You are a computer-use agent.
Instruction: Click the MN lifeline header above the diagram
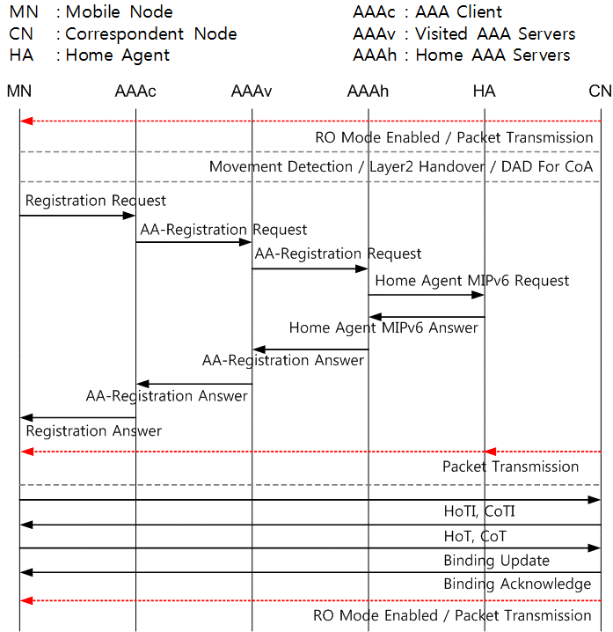(x=19, y=91)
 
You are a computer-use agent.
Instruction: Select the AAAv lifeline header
(x=252, y=91)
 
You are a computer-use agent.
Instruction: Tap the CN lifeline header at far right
(x=600, y=91)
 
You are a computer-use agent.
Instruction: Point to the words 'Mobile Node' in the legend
(x=120, y=12)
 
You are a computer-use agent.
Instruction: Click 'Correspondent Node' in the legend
(x=151, y=34)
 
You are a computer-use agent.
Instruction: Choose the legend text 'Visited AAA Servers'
(x=495, y=33)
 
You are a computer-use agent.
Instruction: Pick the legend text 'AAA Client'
(x=458, y=12)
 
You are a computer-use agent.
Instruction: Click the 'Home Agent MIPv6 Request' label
(x=472, y=281)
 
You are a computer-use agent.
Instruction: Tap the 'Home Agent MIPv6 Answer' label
(x=383, y=327)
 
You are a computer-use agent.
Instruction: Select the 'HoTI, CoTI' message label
(x=479, y=511)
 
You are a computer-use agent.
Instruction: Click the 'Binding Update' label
(x=497, y=561)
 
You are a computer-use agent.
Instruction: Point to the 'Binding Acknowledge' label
(x=517, y=584)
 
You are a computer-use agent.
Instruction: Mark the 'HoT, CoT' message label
(x=475, y=536)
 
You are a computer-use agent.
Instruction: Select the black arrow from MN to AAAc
(x=77, y=216)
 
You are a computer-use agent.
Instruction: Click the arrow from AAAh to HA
(x=426, y=295)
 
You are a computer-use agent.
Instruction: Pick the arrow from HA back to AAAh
(x=427, y=317)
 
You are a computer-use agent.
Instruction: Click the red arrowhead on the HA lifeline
(x=490, y=452)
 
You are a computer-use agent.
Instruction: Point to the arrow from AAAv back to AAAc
(x=194, y=384)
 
